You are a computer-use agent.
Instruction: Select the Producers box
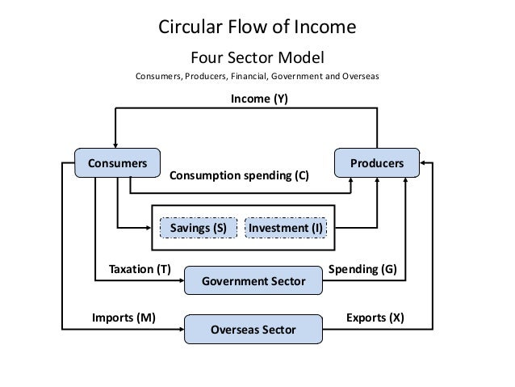click(x=377, y=163)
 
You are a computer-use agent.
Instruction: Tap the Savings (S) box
click(x=198, y=229)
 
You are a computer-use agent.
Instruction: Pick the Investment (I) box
click(x=285, y=229)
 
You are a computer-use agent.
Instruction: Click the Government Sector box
click(x=253, y=281)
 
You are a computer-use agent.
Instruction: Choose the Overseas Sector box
click(x=253, y=330)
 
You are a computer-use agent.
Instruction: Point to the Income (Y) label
click(x=259, y=99)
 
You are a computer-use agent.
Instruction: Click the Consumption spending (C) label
click(x=238, y=175)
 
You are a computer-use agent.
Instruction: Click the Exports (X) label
click(x=375, y=318)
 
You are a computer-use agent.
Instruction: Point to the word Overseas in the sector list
click(x=360, y=78)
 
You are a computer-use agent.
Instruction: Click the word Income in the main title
click(x=325, y=27)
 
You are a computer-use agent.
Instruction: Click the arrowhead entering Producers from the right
click(x=425, y=163)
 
